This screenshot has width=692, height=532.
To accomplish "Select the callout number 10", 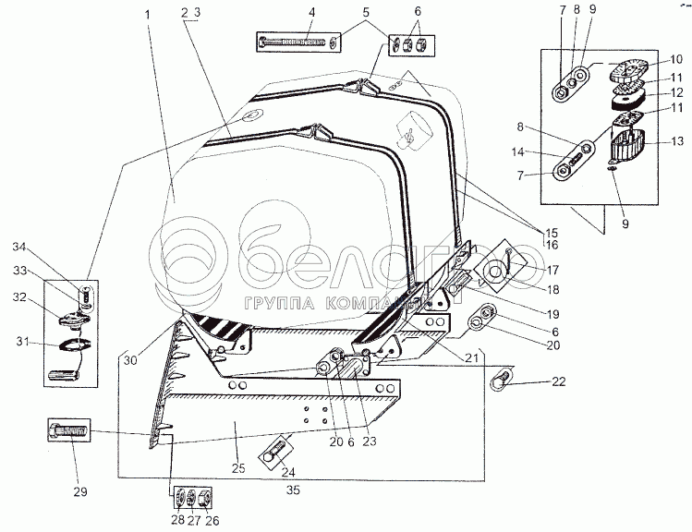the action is point(677,57).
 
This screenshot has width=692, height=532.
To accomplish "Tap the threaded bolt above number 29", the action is point(70,431).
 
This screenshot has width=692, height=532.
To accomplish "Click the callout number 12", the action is point(677,93).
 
